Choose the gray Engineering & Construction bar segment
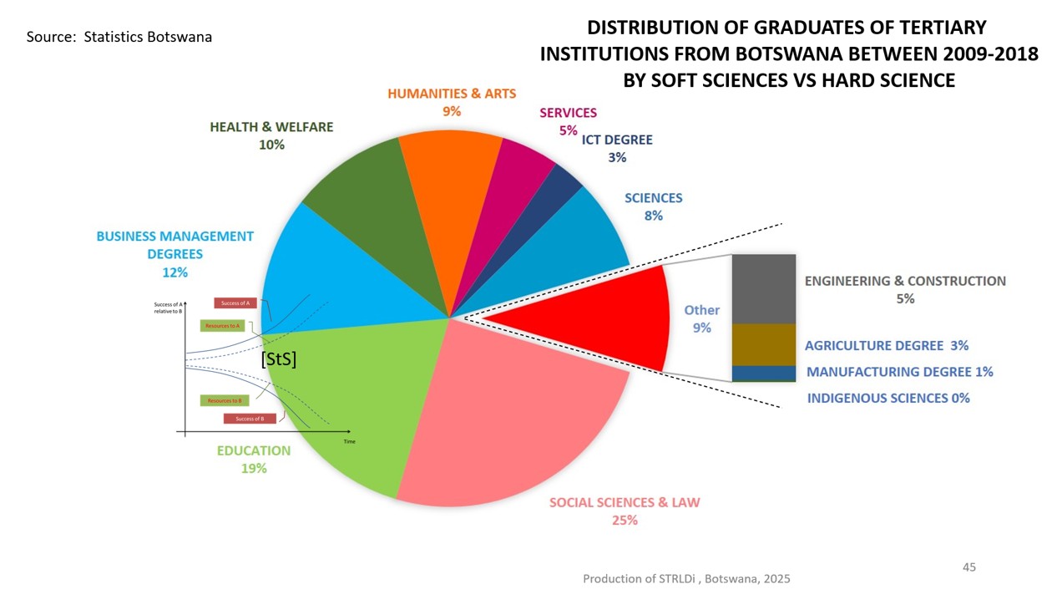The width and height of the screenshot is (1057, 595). [x=763, y=288]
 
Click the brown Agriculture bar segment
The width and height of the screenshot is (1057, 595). [x=763, y=344]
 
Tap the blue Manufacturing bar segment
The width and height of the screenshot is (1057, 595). [x=763, y=373]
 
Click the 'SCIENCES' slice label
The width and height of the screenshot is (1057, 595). [x=653, y=198]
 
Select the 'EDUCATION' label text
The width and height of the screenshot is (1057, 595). [x=254, y=450]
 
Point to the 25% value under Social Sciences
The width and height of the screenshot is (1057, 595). [x=625, y=520]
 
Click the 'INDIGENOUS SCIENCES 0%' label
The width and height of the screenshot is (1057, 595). [x=888, y=398]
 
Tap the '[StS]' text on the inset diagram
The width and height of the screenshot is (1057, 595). [x=279, y=359]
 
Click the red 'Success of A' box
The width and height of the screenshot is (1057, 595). [x=235, y=303]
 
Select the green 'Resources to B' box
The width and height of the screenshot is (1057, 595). [x=225, y=400]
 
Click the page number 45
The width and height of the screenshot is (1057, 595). [x=968, y=567]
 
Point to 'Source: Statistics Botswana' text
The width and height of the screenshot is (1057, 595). [x=119, y=38]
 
